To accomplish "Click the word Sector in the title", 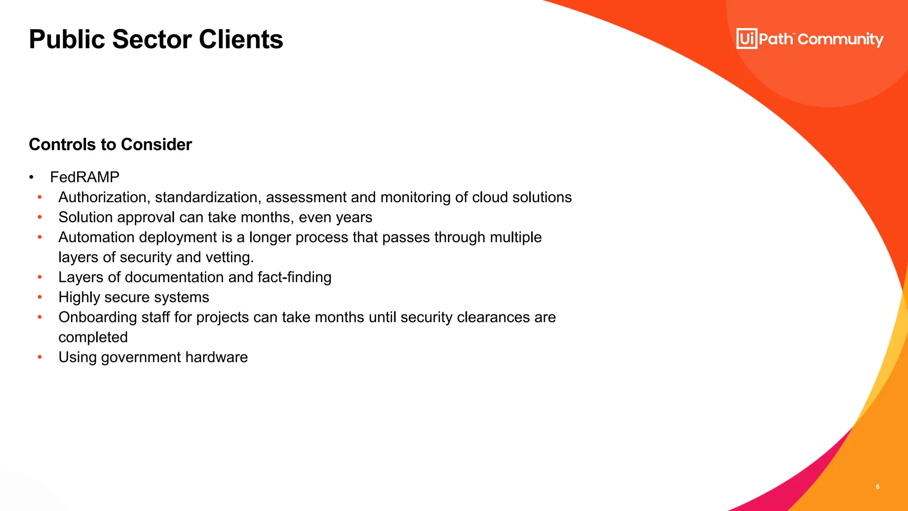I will tap(152, 39).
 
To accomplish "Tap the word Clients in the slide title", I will tap(241, 39).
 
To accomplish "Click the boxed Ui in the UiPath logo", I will tap(747, 39).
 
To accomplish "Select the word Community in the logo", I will tap(841, 39).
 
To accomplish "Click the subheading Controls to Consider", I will tap(110, 145).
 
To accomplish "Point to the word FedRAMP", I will tap(85, 177).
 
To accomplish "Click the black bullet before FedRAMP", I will tap(31, 178).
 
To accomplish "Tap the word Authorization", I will tap(105, 197).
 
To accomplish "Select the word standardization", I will tap(208, 197).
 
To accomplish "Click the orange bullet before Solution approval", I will tap(40, 217).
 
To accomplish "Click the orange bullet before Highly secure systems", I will tap(40, 297).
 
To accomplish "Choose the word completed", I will tap(93, 337).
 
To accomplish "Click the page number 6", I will tap(877, 487).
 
